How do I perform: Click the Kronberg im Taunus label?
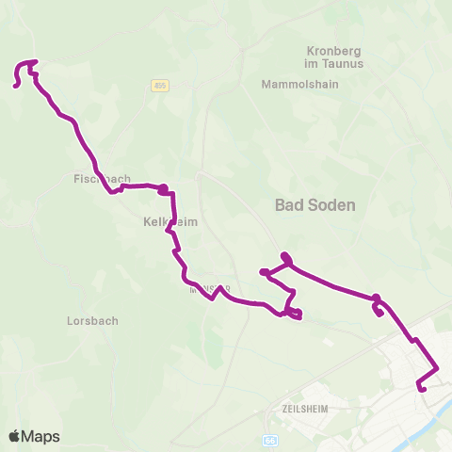[334, 56]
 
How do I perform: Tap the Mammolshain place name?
[299, 83]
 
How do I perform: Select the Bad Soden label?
[315, 204]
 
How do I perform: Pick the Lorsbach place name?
[92, 320]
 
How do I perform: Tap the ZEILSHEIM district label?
[303, 410]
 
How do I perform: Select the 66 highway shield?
[270, 440]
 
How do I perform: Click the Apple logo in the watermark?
[14, 436]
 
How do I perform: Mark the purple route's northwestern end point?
[16, 86]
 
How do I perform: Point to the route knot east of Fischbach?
[164, 189]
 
